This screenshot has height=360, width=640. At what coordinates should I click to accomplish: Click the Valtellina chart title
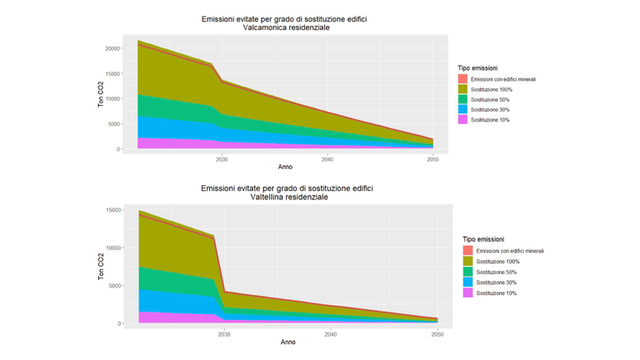coord(287,192)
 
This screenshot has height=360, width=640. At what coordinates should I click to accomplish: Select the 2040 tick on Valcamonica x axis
coord(327,158)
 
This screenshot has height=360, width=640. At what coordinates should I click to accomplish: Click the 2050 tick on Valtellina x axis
coord(437,333)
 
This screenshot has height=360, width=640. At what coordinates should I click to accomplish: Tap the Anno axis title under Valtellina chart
coord(287,342)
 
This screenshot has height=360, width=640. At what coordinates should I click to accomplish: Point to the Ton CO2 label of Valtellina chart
coord(102,266)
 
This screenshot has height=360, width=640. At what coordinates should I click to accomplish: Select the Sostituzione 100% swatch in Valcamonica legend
coord(462,89)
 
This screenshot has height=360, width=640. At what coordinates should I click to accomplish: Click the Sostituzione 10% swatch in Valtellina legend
coord(467,293)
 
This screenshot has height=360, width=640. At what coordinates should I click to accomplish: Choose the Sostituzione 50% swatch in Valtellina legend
coord(467,272)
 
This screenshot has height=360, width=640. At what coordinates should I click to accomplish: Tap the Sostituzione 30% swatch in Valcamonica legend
coord(462,110)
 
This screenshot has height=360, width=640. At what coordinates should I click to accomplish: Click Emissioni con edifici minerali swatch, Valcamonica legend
coord(462,79)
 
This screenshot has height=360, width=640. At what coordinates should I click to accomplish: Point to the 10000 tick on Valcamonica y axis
coord(112,98)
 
